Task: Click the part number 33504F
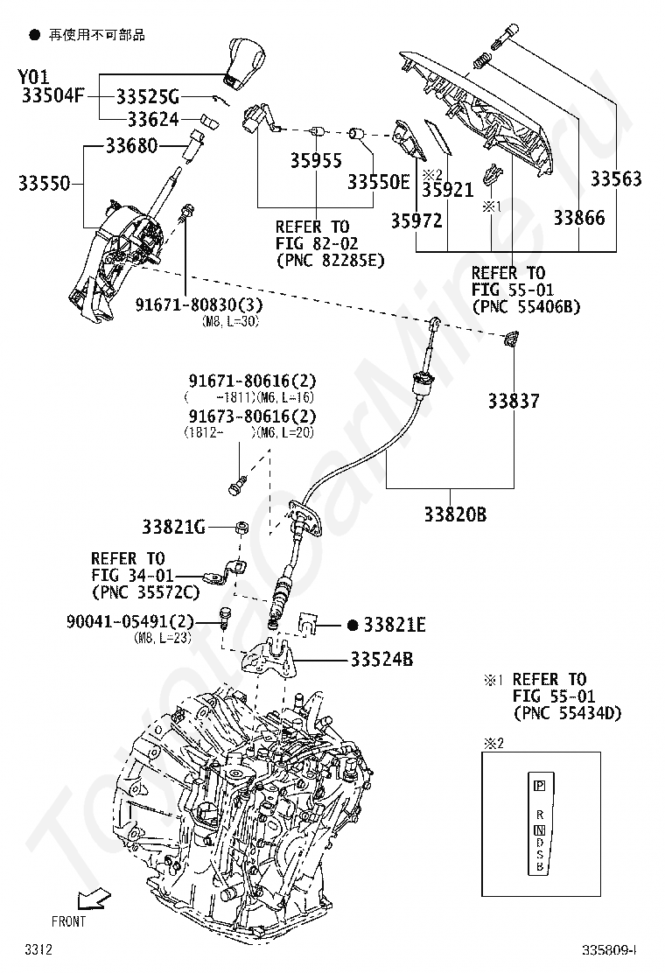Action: (52, 96)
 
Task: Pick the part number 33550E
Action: (378, 182)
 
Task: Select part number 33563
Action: (615, 179)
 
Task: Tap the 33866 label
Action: (578, 217)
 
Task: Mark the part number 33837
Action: (514, 402)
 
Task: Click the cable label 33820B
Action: (455, 514)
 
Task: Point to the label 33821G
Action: (173, 527)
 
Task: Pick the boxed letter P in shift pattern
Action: (539, 785)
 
